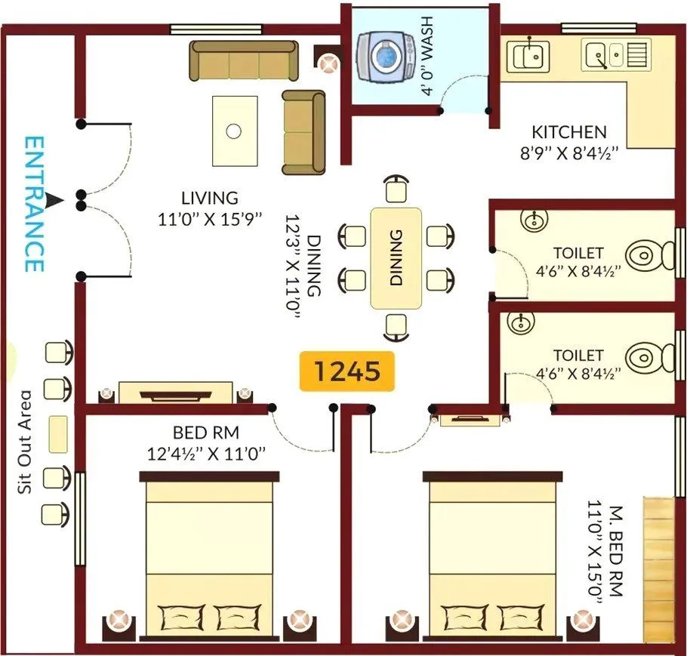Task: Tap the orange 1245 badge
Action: (x=347, y=371)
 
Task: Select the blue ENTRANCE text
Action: (x=33, y=204)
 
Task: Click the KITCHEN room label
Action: (x=568, y=132)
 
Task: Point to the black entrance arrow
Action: (x=54, y=200)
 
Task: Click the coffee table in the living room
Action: (x=234, y=131)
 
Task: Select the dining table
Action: (x=396, y=257)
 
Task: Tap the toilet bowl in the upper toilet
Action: (x=645, y=254)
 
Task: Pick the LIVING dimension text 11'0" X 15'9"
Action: (x=211, y=219)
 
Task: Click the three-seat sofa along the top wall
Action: (x=244, y=61)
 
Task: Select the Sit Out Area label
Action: (x=26, y=442)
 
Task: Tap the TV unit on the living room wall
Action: (x=174, y=393)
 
